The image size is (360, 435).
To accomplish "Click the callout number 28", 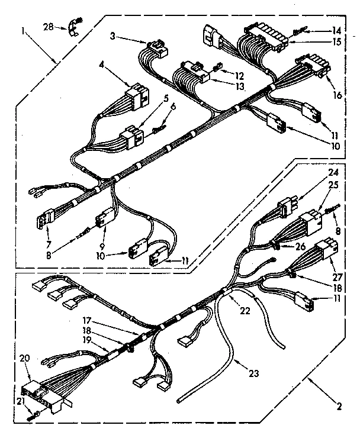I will click(49, 27).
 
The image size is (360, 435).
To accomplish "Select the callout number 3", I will click(112, 37).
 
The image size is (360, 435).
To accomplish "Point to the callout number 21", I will click(20, 401).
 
